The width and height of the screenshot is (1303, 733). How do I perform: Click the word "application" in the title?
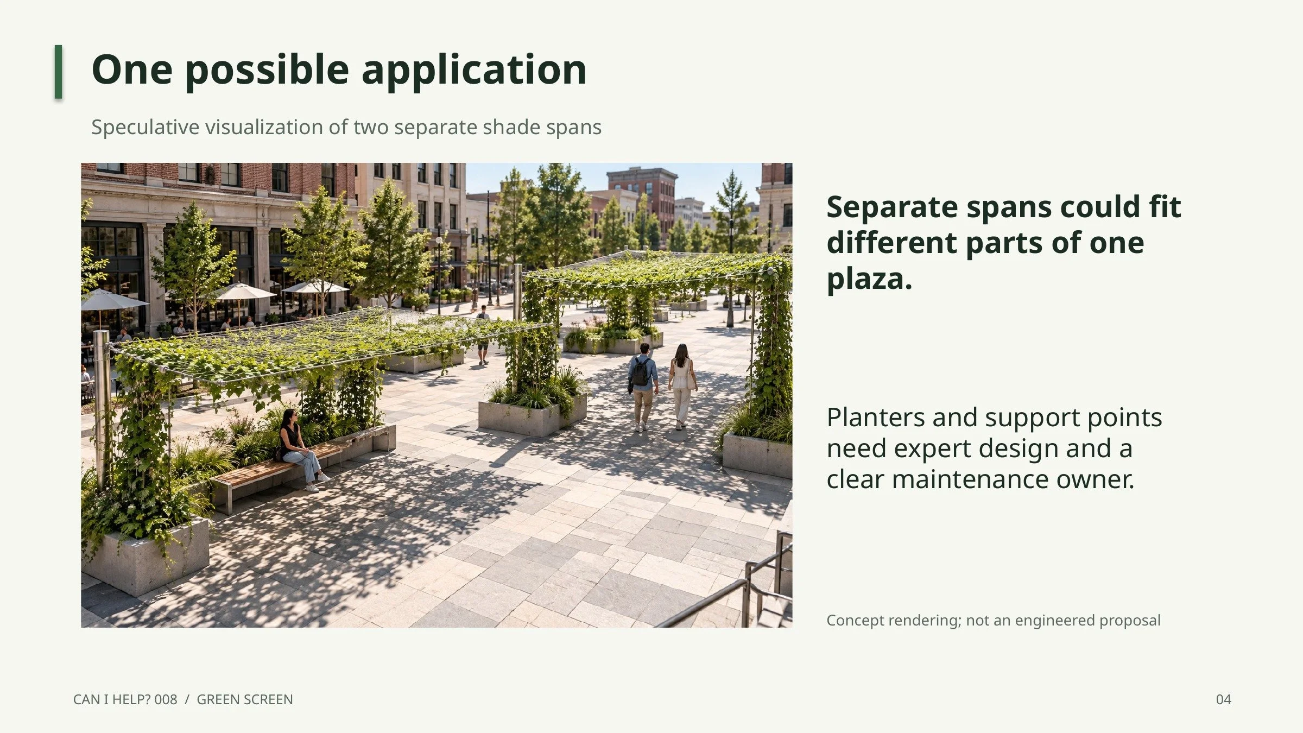[474, 70]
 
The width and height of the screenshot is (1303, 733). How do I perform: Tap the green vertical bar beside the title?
[58, 72]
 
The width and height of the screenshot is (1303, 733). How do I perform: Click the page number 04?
[1223, 699]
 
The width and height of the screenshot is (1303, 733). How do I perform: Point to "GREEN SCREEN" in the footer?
[244, 699]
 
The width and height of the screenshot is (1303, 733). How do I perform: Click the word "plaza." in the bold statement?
[869, 280]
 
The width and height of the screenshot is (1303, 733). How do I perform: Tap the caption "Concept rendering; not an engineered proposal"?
[993, 620]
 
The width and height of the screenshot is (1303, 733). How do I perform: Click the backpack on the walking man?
[641, 372]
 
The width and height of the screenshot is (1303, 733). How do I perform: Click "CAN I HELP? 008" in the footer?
[125, 699]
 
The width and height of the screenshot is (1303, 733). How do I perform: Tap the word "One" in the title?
[132, 69]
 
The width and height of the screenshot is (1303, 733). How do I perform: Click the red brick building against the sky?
[643, 195]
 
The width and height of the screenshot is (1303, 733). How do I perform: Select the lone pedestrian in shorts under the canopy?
[483, 334]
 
